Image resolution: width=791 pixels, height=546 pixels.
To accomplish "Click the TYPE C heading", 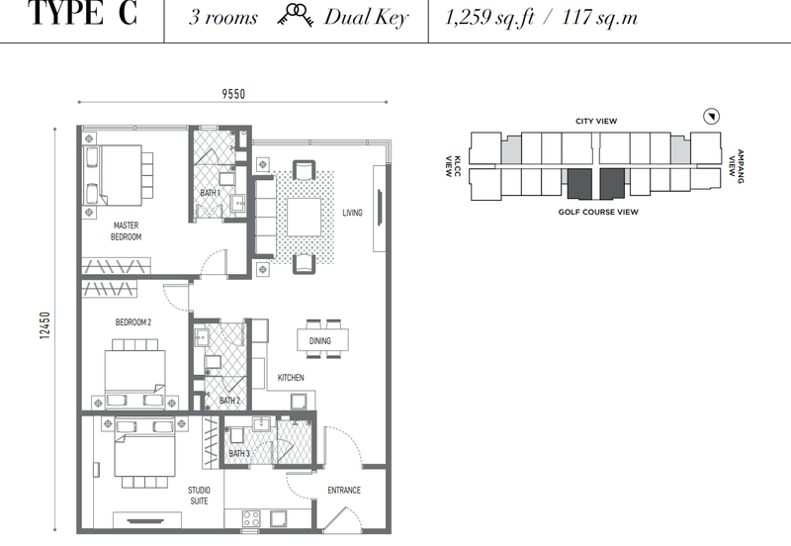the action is pyautogui.click(x=83, y=14).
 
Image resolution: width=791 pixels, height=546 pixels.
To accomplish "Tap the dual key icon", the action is pyautogui.click(x=295, y=15).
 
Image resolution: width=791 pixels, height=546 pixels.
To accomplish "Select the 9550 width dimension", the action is pyautogui.click(x=233, y=94).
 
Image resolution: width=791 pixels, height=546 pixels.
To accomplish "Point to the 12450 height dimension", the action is pyautogui.click(x=44, y=325).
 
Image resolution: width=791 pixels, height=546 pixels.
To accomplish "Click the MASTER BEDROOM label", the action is pyautogui.click(x=127, y=231).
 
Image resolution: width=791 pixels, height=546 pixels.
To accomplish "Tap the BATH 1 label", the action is pyautogui.click(x=210, y=193).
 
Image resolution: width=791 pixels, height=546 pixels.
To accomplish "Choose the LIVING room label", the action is pyautogui.click(x=352, y=213).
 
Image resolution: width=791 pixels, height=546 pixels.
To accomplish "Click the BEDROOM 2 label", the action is pyautogui.click(x=133, y=322).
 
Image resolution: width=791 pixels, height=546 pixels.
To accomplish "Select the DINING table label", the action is pyautogui.click(x=319, y=341).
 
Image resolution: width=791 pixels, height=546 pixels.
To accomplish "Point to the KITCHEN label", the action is pyautogui.click(x=291, y=378).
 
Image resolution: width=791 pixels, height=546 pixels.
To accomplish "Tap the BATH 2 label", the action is pyautogui.click(x=229, y=401).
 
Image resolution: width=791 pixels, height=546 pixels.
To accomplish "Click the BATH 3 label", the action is pyautogui.click(x=239, y=454).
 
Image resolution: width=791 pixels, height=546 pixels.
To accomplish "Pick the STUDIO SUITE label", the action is pyautogui.click(x=200, y=496).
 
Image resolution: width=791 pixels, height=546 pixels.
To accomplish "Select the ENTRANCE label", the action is pyautogui.click(x=344, y=490).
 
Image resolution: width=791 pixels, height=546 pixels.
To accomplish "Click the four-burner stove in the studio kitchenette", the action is pyautogui.click(x=251, y=518).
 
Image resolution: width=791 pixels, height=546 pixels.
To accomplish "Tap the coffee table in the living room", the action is pyautogui.click(x=305, y=217).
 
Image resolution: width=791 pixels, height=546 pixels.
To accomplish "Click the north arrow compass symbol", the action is pyautogui.click(x=711, y=117).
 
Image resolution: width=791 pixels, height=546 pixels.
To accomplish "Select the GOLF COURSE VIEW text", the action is pyautogui.click(x=598, y=212).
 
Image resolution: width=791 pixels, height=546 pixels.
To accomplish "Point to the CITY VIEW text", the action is pyautogui.click(x=596, y=121).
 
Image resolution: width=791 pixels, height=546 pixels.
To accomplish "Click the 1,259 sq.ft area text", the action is pyautogui.click(x=488, y=18).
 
